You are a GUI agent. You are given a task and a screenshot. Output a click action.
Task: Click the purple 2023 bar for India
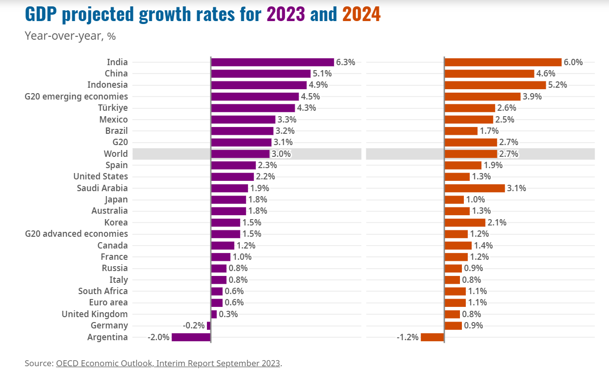[272, 62]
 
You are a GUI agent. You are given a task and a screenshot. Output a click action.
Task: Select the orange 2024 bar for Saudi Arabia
[474, 188]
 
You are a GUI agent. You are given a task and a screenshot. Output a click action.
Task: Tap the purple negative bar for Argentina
[191, 337]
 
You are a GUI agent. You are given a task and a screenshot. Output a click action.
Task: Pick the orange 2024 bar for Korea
[464, 223]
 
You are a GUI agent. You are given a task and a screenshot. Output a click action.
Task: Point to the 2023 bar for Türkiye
[253, 108]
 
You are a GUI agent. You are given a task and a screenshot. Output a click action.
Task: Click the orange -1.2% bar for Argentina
[432, 337]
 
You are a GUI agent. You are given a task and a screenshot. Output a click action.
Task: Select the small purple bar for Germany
[208, 325]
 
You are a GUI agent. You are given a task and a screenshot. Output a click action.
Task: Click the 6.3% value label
[345, 62]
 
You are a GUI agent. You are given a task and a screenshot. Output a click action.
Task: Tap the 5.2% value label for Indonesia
[558, 85]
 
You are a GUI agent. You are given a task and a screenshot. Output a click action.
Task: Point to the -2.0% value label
[158, 337]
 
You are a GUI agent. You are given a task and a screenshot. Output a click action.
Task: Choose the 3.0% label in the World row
[281, 154]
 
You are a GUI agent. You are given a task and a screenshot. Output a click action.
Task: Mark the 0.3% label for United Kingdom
[228, 314]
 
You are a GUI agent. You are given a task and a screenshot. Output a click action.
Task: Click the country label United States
[101, 176]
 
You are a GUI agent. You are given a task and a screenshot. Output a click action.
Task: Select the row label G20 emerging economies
[76, 97]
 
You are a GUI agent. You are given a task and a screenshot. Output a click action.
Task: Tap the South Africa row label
[103, 291]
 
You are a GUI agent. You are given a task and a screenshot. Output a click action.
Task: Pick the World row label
[116, 154]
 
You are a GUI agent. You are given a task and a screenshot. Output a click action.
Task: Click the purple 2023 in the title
[286, 15]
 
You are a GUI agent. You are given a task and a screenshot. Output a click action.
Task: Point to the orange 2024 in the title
[361, 15]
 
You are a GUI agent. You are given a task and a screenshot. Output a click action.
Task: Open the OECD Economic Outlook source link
[168, 363]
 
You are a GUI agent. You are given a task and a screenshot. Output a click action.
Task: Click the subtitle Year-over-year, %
[70, 36]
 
